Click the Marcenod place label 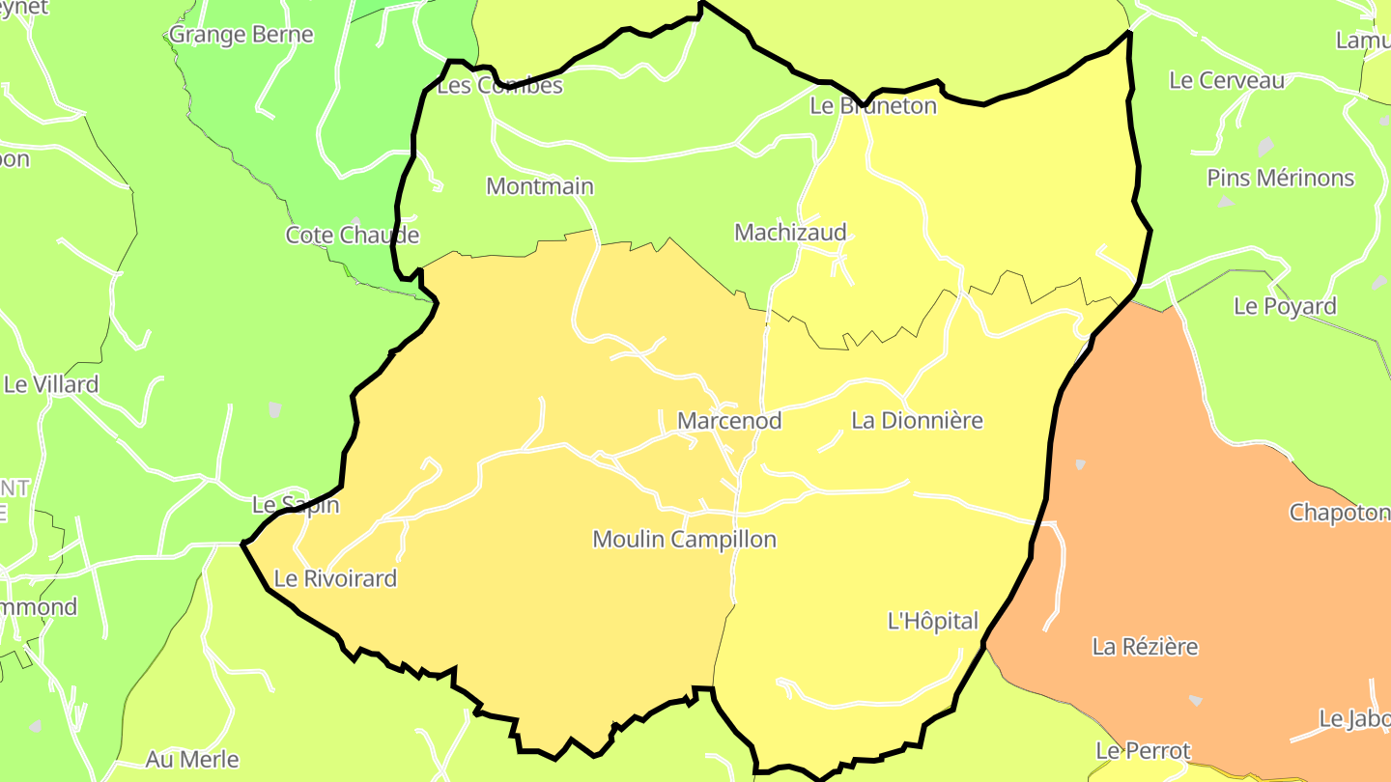[x=729, y=421]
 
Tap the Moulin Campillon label [x=684, y=539]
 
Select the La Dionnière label [x=917, y=421]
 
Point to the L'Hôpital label [x=932, y=622]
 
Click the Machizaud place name [x=790, y=232]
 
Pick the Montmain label [x=540, y=186]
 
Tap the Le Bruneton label [x=873, y=106]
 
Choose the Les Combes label [x=499, y=86]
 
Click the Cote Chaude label [x=353, y=236]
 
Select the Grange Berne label [x=241, y=35]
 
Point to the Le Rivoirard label [x=335, y=579]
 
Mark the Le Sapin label [x=296, y=505]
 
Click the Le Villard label [x=51, y=384]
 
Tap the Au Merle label [x=192, y=760]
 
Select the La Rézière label [x=1145, y=647]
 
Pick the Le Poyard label [x=1285, y=307]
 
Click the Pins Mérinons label [x=1281, y=179]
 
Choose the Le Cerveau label [x=1227, y=81]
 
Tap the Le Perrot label [x=1143, y=751]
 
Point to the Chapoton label [x=1339, y=513]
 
